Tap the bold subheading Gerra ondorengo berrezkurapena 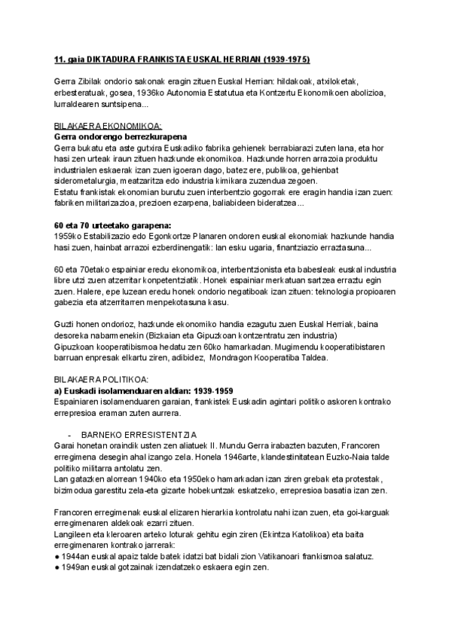(x=111, y=137)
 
